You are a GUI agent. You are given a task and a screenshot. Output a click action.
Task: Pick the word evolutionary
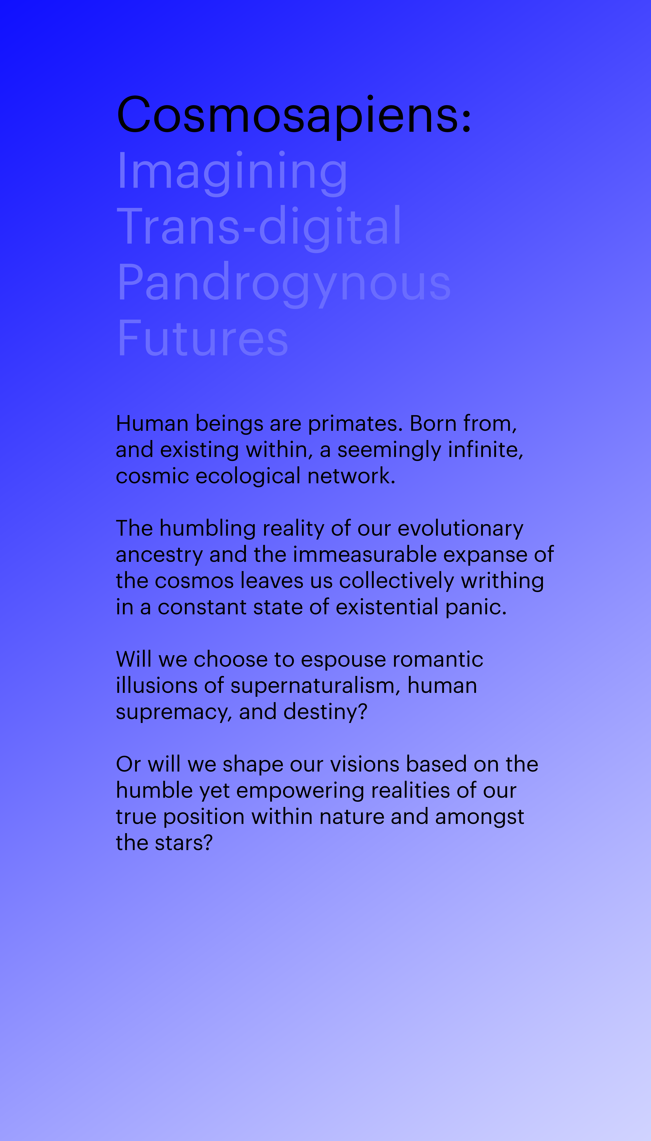pos(461,528)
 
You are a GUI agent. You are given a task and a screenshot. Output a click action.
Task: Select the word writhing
pos(502,581)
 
